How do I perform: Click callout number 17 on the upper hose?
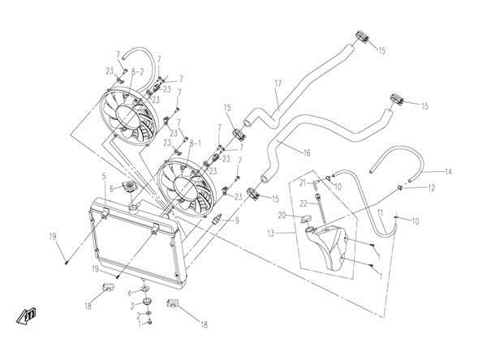pyautogui.click(x=277, y=83)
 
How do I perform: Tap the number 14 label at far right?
pyautogui.click(x=448, y=172)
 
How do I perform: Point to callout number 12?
pyautogui.click(x=432, y=187)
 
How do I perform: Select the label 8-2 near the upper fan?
pyautogui.click(x=137, y=71)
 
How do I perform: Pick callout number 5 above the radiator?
pyautogui.click(x=105, y=176)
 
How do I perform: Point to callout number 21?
pyautogui.click(x=300, y=183)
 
